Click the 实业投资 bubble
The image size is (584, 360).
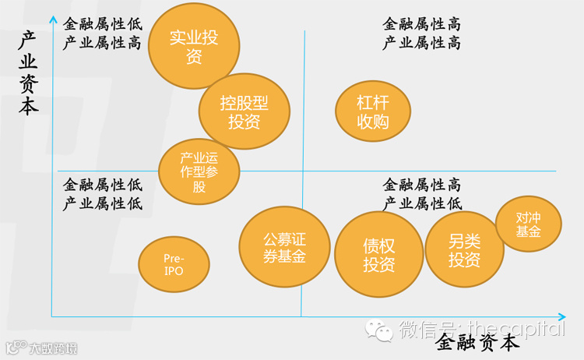[194, 47]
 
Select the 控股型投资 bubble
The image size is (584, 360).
[244, 112]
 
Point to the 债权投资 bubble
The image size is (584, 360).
[378, 255]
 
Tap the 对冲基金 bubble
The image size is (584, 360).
[528, 224]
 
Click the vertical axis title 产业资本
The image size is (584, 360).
[29, 75]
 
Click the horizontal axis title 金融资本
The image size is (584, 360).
[477, 342]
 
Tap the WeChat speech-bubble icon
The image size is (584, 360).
[382, 331]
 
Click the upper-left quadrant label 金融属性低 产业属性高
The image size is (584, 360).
[103, 33]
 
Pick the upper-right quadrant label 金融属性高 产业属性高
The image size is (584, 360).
[421, 33]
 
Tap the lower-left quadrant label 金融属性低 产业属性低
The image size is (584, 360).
[103, 194]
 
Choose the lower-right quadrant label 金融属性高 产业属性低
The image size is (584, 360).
[421, 194]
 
